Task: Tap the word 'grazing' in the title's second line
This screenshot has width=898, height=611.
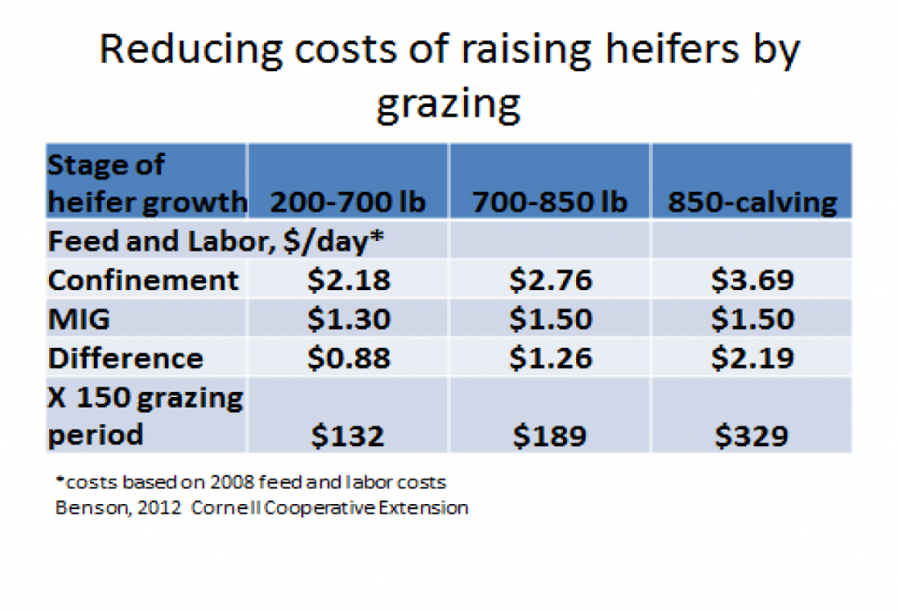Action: coord(448,103)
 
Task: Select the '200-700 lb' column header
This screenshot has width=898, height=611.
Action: coord(347,202)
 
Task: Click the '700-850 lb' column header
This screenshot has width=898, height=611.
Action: coord(550,202)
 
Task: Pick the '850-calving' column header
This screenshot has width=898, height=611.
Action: coord(752,202)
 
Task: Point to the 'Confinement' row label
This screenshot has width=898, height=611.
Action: coord(143,280)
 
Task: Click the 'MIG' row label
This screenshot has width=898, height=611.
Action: coord(79,319)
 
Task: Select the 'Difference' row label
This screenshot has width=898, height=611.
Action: coord(125,358)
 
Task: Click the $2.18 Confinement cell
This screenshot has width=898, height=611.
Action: coord(347,280)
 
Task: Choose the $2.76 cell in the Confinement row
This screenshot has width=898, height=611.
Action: coord(550,280)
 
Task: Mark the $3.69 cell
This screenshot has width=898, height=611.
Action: coord(752,280)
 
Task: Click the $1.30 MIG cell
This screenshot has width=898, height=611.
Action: coord(347,319)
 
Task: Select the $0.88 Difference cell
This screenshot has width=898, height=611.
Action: coord(347,358)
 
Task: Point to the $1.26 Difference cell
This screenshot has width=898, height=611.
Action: coord(550,358)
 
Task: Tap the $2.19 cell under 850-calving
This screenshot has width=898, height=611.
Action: coord(752,358)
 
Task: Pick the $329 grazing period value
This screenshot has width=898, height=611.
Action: coord(752,435)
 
